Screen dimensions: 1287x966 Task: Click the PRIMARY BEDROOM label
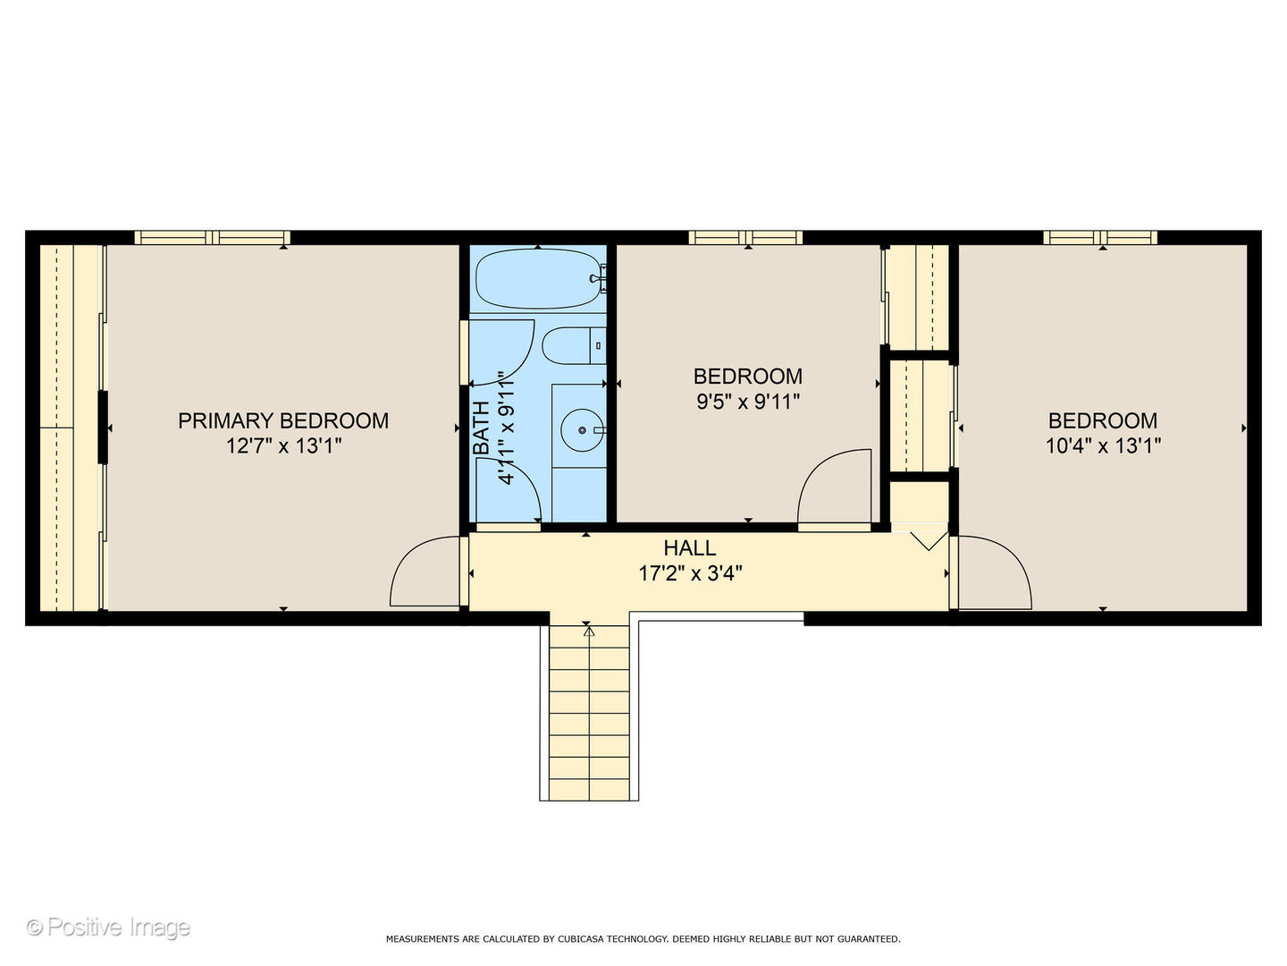point(283,420)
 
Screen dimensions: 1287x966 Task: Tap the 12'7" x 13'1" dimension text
point(284,446)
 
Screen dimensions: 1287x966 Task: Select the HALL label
point(689,547)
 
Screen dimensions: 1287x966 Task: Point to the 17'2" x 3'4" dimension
point(690,573)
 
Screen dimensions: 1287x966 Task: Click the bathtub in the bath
point(538,278)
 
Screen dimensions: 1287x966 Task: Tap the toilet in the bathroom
point(574,345)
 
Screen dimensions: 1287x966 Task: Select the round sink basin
point(582,430)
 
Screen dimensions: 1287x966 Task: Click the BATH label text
point(481,428)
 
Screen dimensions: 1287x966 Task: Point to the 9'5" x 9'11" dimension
point(748,402)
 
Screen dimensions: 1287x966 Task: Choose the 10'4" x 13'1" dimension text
point(1103,446)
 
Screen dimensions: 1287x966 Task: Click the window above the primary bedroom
point(212,238)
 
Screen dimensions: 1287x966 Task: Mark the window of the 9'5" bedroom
point(745,238)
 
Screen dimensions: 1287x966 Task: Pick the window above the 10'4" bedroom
point(1100,238)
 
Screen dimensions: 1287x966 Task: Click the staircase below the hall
point(589,713)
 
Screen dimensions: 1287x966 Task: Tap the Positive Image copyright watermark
point(108,928)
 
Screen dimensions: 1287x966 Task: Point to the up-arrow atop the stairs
point(589,631)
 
